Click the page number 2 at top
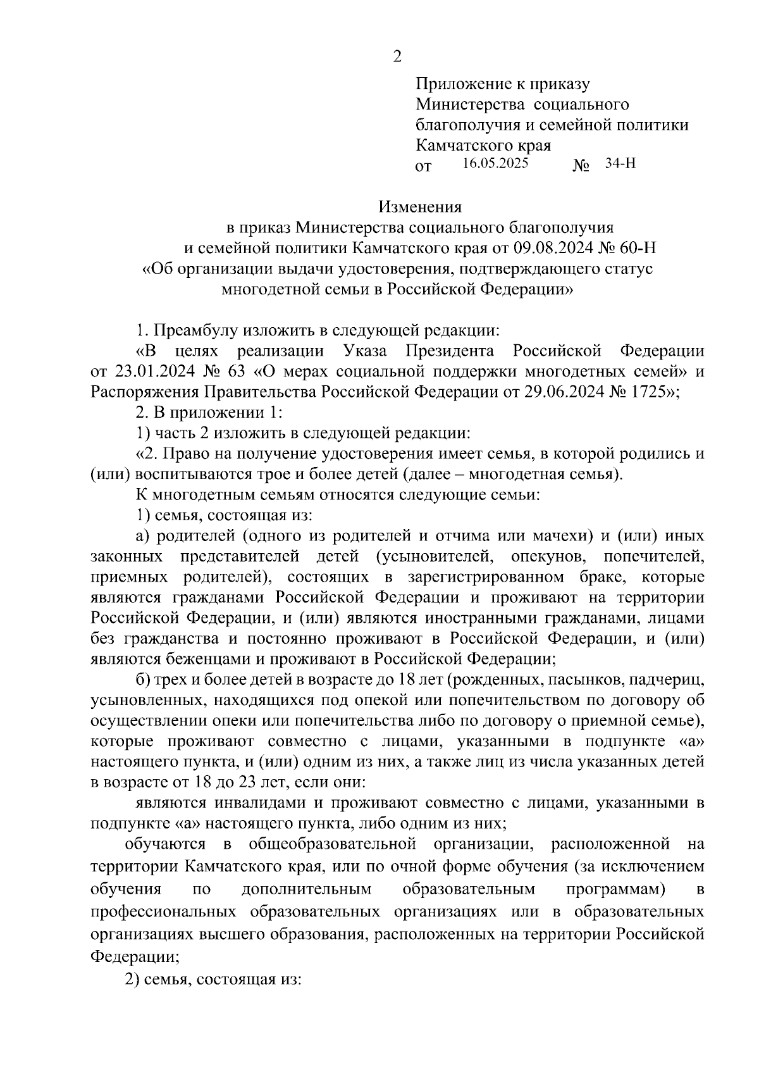(x=397, y=57)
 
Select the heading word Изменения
(x=420, y=206)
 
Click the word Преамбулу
(x=197, y=330)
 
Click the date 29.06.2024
(x=560, y=392)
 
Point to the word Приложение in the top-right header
(x=462, y=84)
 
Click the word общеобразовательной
(x=332, y=844)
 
